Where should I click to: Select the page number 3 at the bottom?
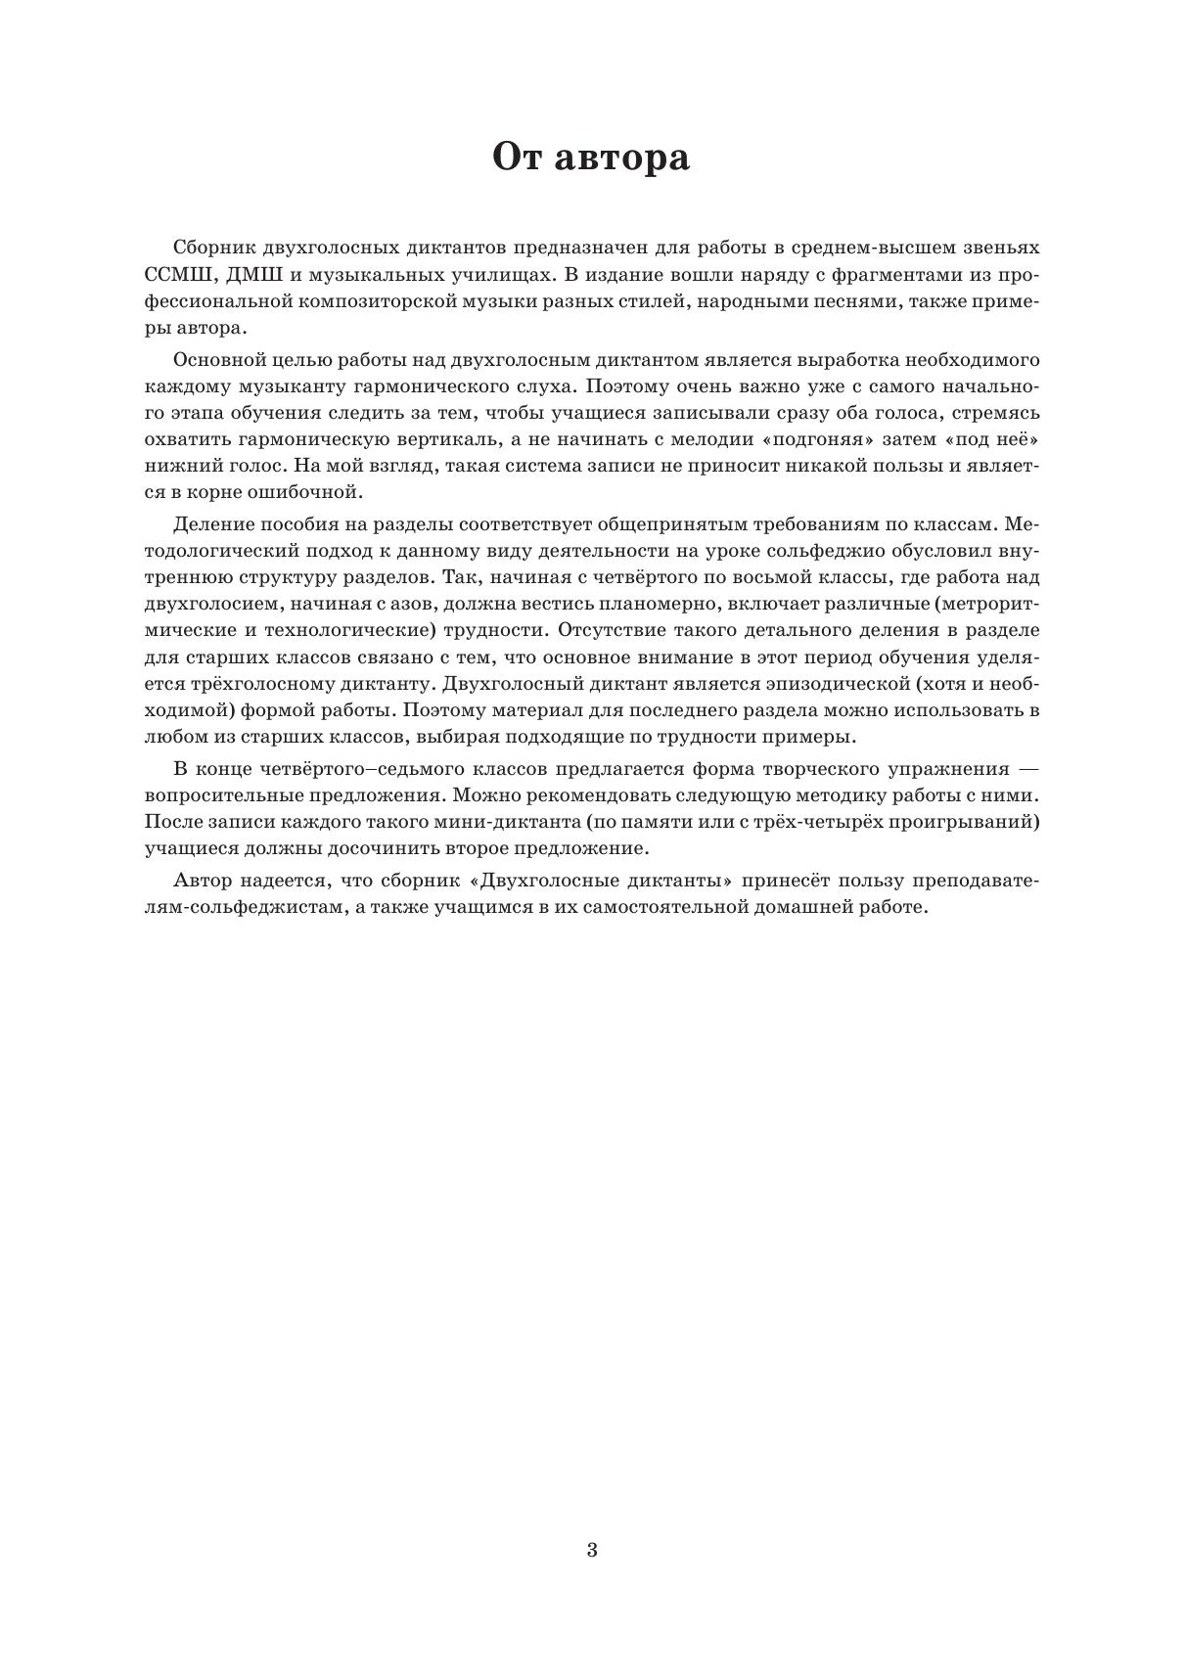[592, 1550]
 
